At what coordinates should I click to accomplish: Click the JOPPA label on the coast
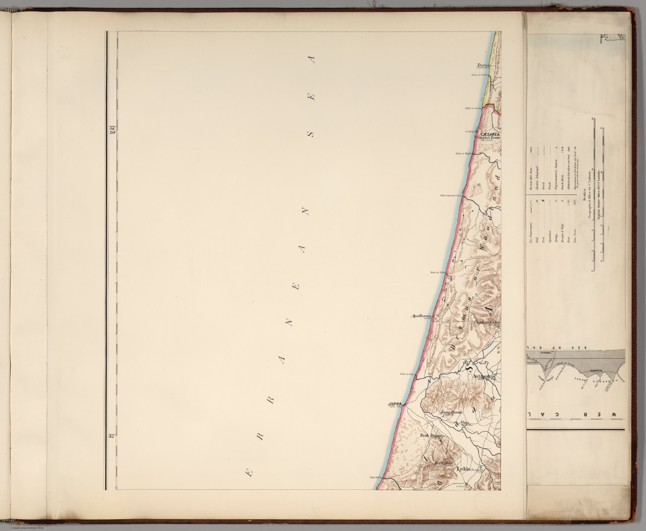click(395, 405)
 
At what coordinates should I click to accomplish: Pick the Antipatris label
click(485, 376)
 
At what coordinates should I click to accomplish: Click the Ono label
click(465, 423)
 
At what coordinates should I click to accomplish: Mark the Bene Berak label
click(451, 413)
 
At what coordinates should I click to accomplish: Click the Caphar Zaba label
click(487, 322)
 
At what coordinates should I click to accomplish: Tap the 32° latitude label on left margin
click(111, 436)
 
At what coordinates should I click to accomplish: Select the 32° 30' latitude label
click(112, 129)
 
